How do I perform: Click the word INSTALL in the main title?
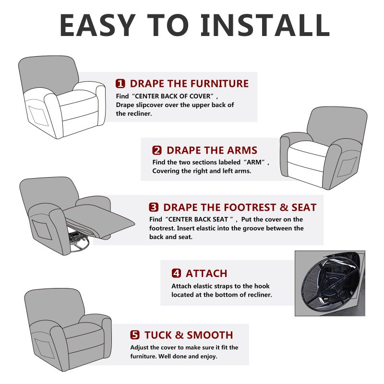265,25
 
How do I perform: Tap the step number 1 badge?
120,84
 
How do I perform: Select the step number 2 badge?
157,150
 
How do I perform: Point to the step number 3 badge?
154,207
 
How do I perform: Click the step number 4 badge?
176,273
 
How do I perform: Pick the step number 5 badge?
135,335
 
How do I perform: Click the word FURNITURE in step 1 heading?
208,84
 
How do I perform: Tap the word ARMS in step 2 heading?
242,150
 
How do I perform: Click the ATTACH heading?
206,274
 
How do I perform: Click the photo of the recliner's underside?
330,283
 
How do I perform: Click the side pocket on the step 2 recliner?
347,167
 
